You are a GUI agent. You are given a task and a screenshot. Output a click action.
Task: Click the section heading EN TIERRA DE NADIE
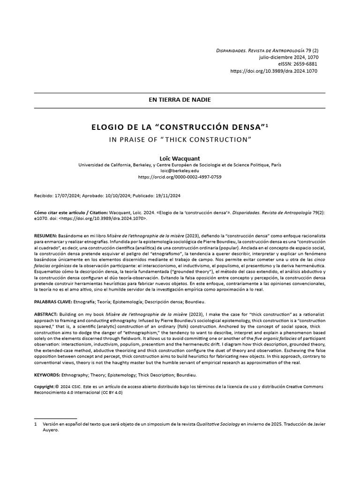(x=180, y=100)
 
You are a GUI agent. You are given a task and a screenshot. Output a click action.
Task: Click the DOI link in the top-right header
(x=275, y=71)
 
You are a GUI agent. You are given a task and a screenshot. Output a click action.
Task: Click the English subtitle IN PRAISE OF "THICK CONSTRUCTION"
(x=180, y=139)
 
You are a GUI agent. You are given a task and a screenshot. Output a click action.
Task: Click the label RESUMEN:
(x=45, y=234)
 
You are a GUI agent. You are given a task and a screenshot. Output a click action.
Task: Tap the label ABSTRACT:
(x=46, y=313)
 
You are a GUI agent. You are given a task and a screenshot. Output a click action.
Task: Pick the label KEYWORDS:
(x=47, y=375)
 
